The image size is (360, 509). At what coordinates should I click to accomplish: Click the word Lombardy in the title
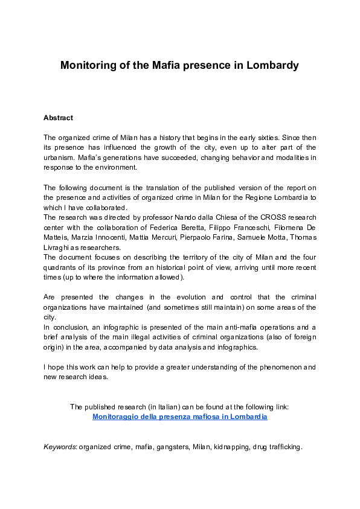(x=272, y=65)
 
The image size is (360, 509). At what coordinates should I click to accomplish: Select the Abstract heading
(x=58, y=118)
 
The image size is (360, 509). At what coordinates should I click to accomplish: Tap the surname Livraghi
(x=57, y=246)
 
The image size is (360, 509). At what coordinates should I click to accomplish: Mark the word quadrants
(x=60, y=266)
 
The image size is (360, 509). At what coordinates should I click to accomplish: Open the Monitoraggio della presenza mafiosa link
(x=179, y=417)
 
